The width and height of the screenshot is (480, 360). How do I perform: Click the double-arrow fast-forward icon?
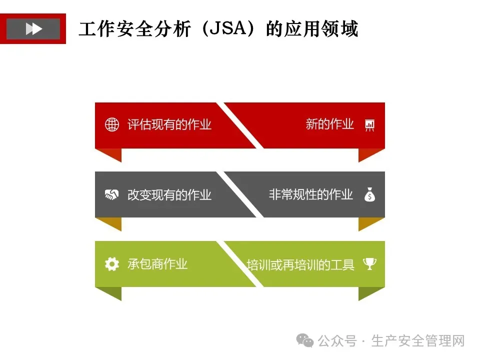click(33, 29)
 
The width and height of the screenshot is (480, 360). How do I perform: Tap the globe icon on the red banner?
click(112, 124)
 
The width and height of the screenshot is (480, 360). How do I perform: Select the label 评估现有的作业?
click(169, 124)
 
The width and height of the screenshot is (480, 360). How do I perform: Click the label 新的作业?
click(329, 124)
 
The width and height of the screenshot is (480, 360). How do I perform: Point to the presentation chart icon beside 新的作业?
click(370, 125)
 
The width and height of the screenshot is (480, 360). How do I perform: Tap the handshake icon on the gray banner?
click(112, 194)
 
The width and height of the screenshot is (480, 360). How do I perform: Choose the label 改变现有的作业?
click(169, 194)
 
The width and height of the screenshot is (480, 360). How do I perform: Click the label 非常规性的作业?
click(311, 194)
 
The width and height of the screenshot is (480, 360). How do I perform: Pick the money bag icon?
click(369, 194)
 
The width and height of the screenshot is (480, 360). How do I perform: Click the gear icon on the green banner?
click(112, 264)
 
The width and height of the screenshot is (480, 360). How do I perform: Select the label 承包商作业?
click(157, 264)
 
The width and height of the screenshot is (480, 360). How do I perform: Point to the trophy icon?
click(369, 263)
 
